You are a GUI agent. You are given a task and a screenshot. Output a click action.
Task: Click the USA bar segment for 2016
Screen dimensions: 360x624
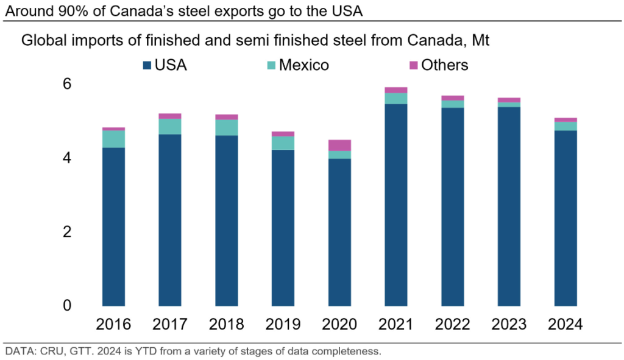pyautogui.click(x=113, y=226)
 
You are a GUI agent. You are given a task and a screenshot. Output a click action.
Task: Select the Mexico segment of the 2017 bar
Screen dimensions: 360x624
pyautogui.click(x=170, y=127)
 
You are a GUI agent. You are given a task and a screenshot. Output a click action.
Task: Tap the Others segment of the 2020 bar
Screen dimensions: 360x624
pyautogui.click(x=339, y=145)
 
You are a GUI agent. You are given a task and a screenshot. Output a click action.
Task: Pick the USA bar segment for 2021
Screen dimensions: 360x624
pyautogui.click(x=396, y=204)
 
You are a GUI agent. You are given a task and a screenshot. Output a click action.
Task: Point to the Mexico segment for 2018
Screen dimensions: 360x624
pyautogui.click(x=227, y=127)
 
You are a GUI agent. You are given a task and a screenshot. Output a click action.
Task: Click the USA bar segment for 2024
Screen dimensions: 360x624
pyautogui.click(x=565, y=217)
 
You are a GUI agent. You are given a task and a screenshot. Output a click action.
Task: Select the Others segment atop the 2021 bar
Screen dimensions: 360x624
pyautogui.click(x=396, y=90)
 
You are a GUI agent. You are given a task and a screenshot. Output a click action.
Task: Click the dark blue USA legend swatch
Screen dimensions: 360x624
pyautogui.click(x=147, y=65)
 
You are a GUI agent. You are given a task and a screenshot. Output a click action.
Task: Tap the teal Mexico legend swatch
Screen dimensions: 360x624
pyautogui.click(x=271, y=65)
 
